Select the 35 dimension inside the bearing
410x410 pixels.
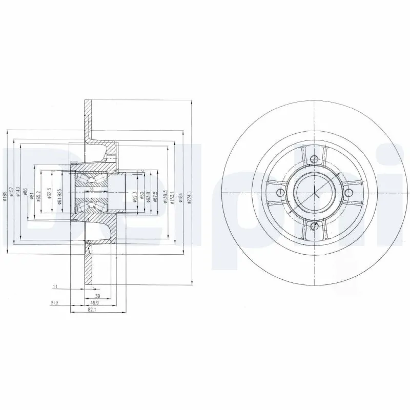click(91, 189)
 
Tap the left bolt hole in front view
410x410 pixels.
click(280, 193)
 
